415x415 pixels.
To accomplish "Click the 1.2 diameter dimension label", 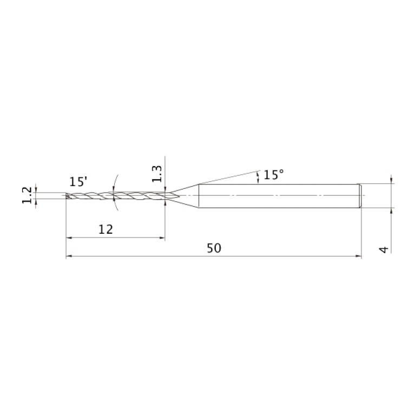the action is [x=27, y=195].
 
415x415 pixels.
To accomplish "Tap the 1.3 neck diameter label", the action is [x=157, y=174].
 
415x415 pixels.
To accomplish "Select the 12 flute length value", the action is [x=106, y=229].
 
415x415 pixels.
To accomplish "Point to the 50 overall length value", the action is [x=214, y=248].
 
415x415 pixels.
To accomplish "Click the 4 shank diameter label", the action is [x=384, y=249].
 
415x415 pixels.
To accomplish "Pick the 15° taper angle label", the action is [x=274, y=175].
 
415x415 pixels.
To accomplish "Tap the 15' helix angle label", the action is [x=78, y=182].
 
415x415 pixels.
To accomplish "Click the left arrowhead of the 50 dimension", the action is [x=69, y=256].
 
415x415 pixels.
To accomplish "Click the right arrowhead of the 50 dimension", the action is [x=358, y=256].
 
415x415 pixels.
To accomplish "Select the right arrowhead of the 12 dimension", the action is [x=162, y=238].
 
